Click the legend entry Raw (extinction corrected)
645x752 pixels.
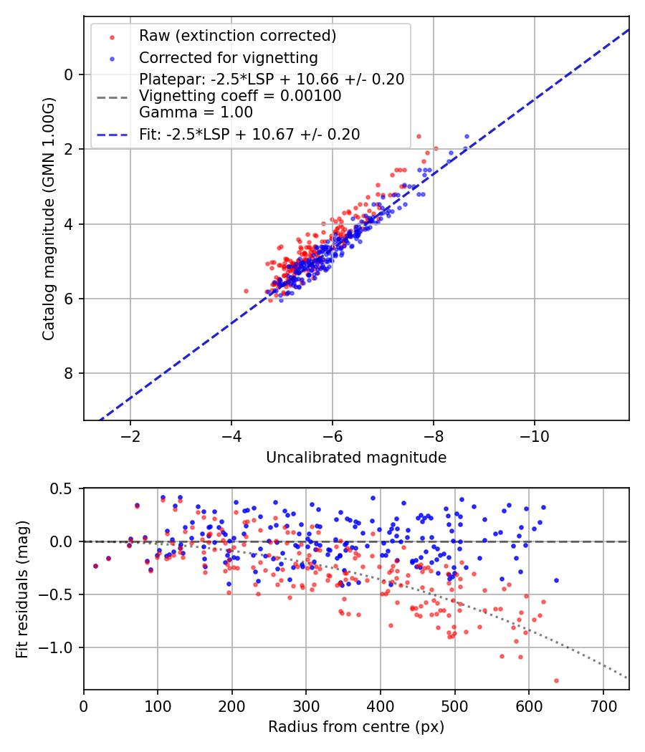tap(236, 36)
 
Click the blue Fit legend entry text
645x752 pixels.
tap(249, 134)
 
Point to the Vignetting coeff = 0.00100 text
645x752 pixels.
tap(240, 96)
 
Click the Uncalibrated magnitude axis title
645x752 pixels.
tap(356, 458)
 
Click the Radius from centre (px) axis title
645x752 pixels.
tap(356, 727)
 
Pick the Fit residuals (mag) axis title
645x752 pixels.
tap(22, 589)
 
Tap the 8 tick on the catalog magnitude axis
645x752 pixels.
tap(69, 373)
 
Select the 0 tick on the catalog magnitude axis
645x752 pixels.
tap(69, 74)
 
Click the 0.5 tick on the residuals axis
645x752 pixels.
tap(63, 488)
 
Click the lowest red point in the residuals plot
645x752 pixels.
tap(556, 680)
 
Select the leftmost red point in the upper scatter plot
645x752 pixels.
tap(246, 291)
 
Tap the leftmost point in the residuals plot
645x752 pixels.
tap(95, 566)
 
